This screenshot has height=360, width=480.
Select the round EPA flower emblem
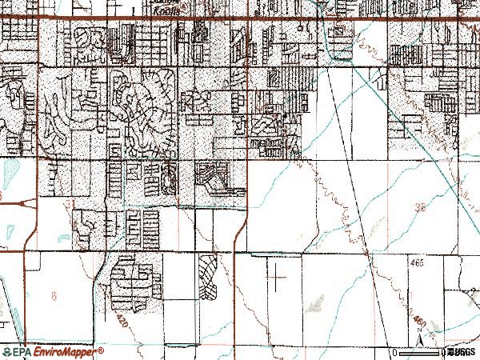(6, 351)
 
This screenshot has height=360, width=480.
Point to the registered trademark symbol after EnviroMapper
(102, 349)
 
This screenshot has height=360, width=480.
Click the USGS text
(461, 352)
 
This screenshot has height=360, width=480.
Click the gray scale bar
(424, 352)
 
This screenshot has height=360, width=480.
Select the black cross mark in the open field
(276, 278)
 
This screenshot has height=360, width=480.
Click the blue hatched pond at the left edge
(10, 170)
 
